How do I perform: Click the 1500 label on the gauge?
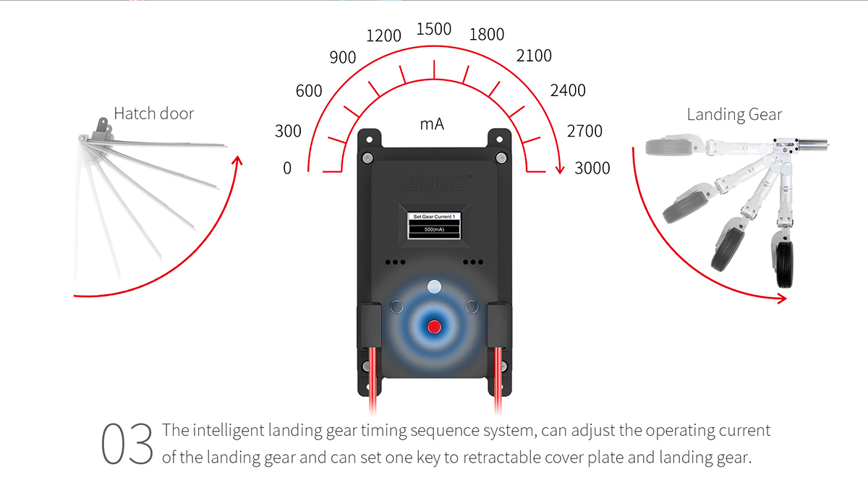coord(433,29)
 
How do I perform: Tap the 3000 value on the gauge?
coord(592,168)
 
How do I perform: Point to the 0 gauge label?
coord(287,168)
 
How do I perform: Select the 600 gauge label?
coord(309,91)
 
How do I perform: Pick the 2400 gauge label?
coord(568,90)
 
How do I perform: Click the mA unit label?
coord(432,124)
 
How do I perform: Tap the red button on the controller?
coord(434,327)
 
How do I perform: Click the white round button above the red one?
coord(434,287)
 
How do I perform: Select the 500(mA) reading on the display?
coord(434,229)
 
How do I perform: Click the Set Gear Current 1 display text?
coord(434,216)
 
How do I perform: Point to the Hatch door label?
coord(154,114)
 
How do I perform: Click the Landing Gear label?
coord(734,115)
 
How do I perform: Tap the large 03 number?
coord(127,444)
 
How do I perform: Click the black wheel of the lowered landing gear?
coord(785,265)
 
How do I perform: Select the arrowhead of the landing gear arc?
coord(782,299)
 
